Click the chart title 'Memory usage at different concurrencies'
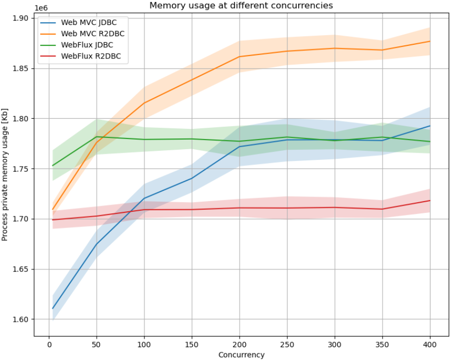click(241, 6)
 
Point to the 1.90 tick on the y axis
click(21, 18)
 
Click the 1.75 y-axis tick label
click(21, 169)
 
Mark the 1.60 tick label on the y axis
click(21, 320)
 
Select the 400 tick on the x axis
click(430, 344)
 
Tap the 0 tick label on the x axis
click(49, 344)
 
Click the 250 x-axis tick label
click(287, 344)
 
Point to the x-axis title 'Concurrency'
click(241, 354)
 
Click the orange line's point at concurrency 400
click(430, 41)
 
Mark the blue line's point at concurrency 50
click(96, 244)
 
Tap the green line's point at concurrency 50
click(96, 136)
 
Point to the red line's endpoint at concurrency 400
click(430, 201)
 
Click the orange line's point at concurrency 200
click(239, 57)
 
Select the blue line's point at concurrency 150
click(192, 178)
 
